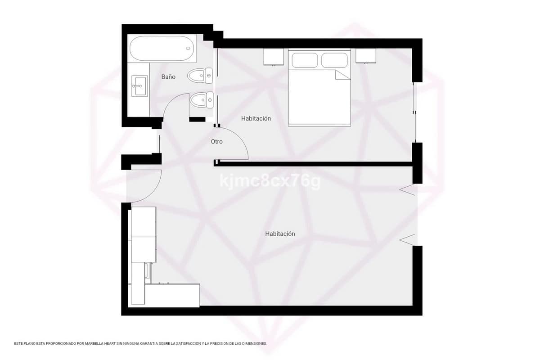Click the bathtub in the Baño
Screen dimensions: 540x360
pyautogui.click(x=162, y=49)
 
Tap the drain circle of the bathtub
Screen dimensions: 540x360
pyautogui.click(x=188, y=49)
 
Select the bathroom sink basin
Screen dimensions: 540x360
pyautogui.click(x=139, y=86)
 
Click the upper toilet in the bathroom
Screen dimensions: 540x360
pyautogui.click(x=200, y=76)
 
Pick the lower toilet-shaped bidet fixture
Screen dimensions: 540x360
pyautogui.click(x=202, y=100)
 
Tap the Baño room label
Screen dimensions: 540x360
pyautogui.click(x=168, y=77)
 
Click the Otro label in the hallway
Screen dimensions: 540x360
pyautogui.click(x=217, y=142)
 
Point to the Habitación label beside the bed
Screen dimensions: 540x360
pyautogui.click(x=256, y=119)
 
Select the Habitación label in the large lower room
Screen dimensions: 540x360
pyautogui.click(x=280, y=234)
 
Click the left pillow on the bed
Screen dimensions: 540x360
pyautogui.click(x=305, y=60)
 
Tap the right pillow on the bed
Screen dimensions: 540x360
pyautogui.click(x=335, y=60)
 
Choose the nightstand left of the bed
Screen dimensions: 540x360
pyautogui.click(x=274, y=57)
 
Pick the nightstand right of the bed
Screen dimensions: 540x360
pyautogui.click(x=366, y=56)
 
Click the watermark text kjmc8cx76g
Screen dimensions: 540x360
pyautogui.click(x=270, y=181)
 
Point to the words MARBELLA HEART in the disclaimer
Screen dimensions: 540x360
pyautogui.click(x=100, y=344)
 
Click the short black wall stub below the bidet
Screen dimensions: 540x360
pyautogui.click(x=197, y=119)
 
